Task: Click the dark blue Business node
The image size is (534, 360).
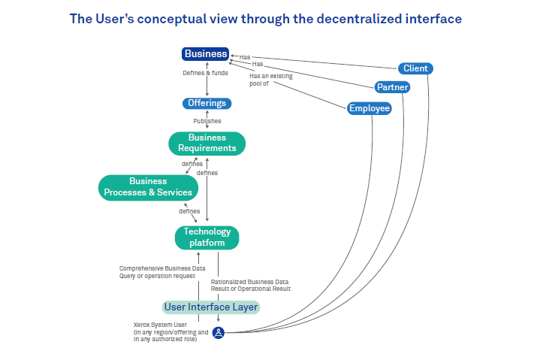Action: pos(206,53)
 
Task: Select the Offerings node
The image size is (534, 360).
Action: pos(207,103)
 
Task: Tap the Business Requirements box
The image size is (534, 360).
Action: pos(207,143)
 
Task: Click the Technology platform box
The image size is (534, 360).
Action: pos(207,237)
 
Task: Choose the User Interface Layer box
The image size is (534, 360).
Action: pos(211,307)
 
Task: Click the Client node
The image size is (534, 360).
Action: pos(415,68)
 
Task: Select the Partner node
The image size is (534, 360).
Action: pos(393,87)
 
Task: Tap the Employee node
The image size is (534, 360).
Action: pos(370,108)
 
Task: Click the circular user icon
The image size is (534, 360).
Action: pos(219,332)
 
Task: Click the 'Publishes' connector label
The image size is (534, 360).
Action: pos(207,120)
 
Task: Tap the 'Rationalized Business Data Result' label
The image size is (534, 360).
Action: pos(251,285)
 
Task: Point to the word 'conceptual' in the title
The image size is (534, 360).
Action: pos(162,19)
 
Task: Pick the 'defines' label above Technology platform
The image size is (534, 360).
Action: pos(189,211)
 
